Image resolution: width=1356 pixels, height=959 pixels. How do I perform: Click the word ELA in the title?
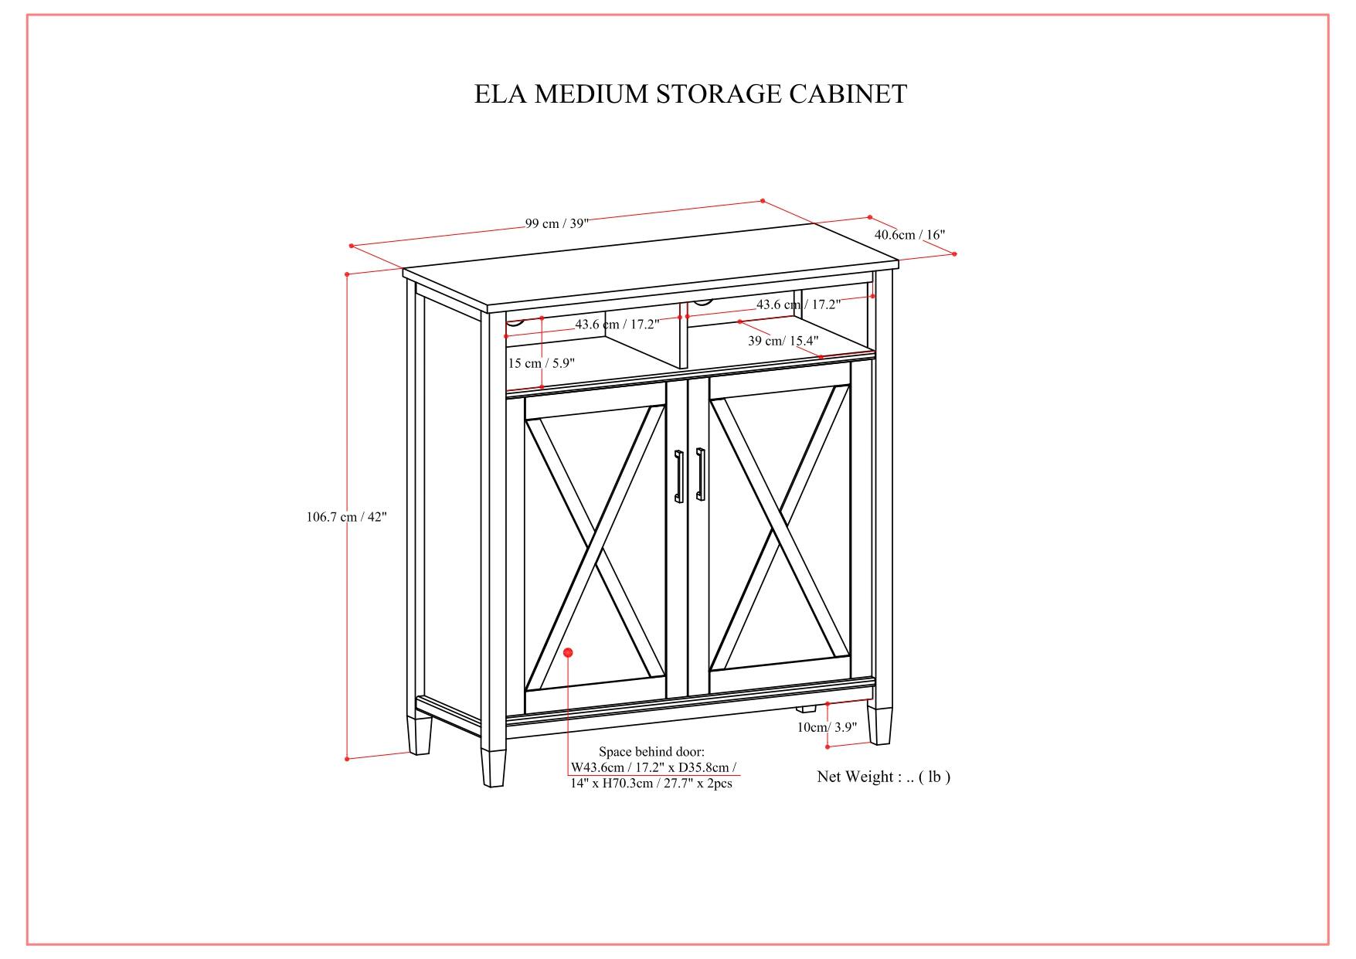point(500,94)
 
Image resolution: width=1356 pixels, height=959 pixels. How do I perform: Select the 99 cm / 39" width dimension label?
point(557,223)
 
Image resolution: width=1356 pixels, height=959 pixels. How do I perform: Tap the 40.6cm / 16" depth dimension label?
point(909,234)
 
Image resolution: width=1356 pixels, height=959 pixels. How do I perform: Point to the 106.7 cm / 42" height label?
point(346,517)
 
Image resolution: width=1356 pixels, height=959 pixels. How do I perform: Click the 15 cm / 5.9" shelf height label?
point(541,363)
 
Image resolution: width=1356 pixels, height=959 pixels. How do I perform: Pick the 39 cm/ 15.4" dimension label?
point(783,341)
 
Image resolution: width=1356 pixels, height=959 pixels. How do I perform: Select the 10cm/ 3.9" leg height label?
point(827,726)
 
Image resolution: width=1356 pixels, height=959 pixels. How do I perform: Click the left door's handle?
point(679,476)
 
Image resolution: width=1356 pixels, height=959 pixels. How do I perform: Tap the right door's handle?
point(700,474)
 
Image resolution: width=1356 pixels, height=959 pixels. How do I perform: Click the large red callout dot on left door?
point(568,653)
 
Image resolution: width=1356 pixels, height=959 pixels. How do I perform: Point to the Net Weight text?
point(883,777)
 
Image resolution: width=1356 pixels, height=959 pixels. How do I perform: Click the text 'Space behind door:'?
point(651,752)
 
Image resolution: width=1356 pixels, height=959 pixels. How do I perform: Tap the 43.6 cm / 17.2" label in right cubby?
point(798,305)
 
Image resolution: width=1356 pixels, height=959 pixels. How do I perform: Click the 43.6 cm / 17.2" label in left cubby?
point(617,325)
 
